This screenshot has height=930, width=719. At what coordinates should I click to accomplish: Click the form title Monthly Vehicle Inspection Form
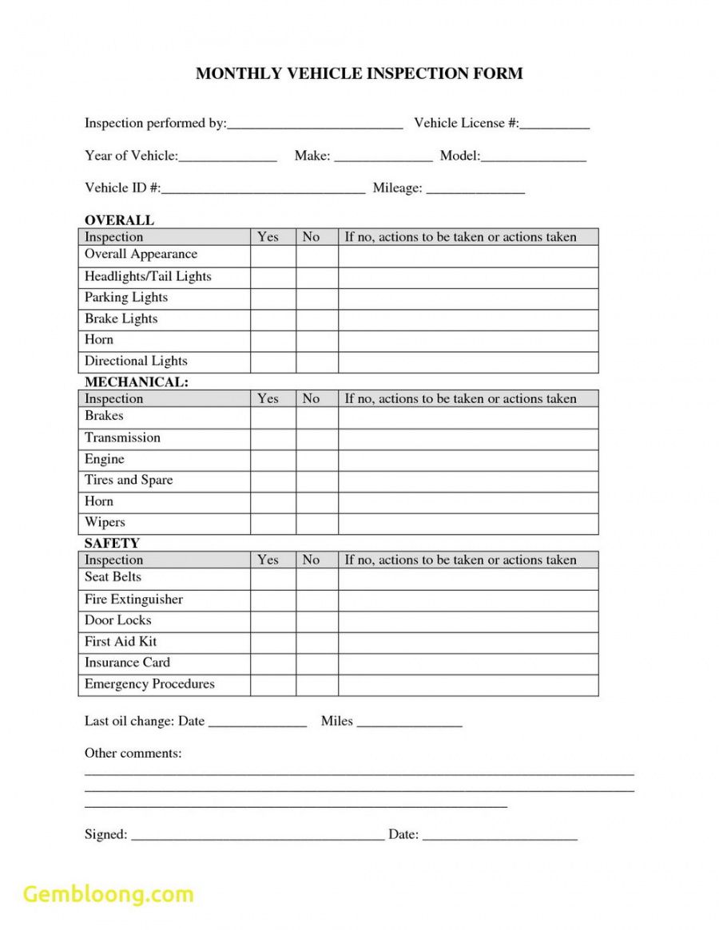pyautogui.click(x=359, y=73)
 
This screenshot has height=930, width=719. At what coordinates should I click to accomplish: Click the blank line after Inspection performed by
pyautogui.click(x=315, y=124)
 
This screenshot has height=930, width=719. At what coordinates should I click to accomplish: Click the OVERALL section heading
pyautogui.click(x=119, y=220)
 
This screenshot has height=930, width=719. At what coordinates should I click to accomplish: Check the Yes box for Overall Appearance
pyautogui.click(x=273, y=255)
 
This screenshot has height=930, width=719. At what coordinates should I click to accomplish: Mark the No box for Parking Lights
pyautogui.click(x=317, y=299)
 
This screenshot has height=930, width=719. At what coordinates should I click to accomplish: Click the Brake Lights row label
pyautogui.click(x=121, y=319)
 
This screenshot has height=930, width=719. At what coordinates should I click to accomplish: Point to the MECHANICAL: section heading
pyautogui.click(x=137, y=382)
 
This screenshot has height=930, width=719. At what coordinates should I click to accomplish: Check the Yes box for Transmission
pyautogui.click(x=273, y=439)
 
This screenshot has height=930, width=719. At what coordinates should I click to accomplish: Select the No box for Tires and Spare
pyautogui.click(x=317, y=481)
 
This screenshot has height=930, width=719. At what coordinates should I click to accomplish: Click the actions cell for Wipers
pyautogui.click(x=468, y=524)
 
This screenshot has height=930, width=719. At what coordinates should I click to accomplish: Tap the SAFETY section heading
pyautogui.click(x=112, y=544)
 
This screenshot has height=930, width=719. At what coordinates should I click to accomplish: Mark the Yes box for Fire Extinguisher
pyautogui.click(x=273, y=600)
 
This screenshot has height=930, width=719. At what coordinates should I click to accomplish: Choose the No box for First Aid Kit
pyautogui.click(x=317, y=643)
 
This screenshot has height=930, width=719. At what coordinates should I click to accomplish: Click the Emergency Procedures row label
pyautogui.click(x=149, y=684)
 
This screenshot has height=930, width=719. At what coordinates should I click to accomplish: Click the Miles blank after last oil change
pyautogui.click(x=410, y=722)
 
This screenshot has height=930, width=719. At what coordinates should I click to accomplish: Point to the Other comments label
pyautogui.click(x=133, y=753)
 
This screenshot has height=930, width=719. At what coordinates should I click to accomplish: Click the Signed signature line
pyautogui.click(x=257, y=835)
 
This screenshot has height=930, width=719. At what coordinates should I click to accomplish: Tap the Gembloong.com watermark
pyautogui.click(x=109, y=894)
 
